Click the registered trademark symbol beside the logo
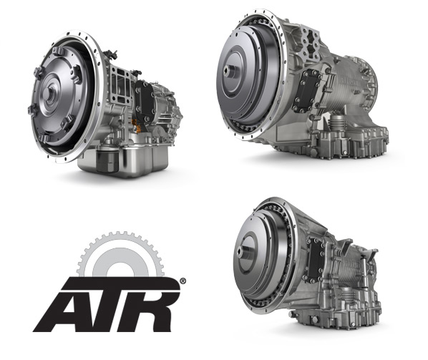point(183,281)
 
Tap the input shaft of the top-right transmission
point(227,70)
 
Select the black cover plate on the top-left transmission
point(145,101)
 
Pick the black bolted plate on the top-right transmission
point(305,89)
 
